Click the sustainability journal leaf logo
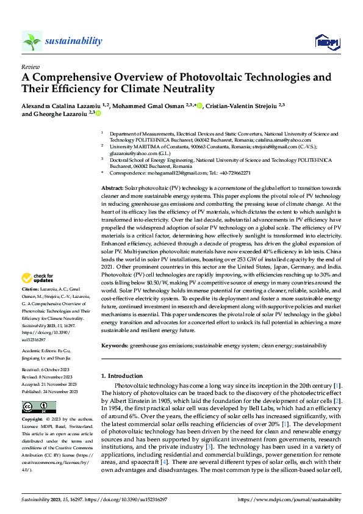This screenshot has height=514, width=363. pos(32,41)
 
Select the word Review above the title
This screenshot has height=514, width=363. pos(30,66)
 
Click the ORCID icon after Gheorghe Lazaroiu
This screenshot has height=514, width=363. pos(98,113)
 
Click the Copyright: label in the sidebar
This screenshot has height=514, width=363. pos(32,420)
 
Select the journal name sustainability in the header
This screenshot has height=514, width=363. pos(74,41)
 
